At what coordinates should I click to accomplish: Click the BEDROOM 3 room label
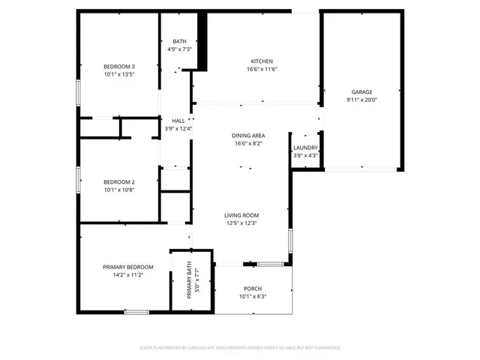119,67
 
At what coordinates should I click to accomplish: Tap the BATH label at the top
179,41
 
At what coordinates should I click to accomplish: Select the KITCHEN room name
262,61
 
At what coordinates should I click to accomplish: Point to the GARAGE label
361,91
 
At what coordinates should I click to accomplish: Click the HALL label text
178,121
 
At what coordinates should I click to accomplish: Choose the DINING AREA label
247,135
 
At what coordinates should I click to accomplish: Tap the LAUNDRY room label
305,148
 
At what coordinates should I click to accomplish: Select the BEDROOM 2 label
119,181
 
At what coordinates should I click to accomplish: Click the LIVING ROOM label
241,215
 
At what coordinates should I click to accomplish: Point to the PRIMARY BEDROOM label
128,267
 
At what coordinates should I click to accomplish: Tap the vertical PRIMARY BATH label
190,284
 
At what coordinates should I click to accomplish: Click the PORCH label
253,289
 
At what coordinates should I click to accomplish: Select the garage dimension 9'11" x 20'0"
361,100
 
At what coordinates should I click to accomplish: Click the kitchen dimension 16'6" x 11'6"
262,69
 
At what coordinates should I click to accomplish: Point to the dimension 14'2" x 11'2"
128,275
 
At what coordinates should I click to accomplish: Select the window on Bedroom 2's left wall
78,180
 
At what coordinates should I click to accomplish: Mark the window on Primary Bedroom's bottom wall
136,311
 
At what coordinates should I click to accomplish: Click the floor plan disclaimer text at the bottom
240,348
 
